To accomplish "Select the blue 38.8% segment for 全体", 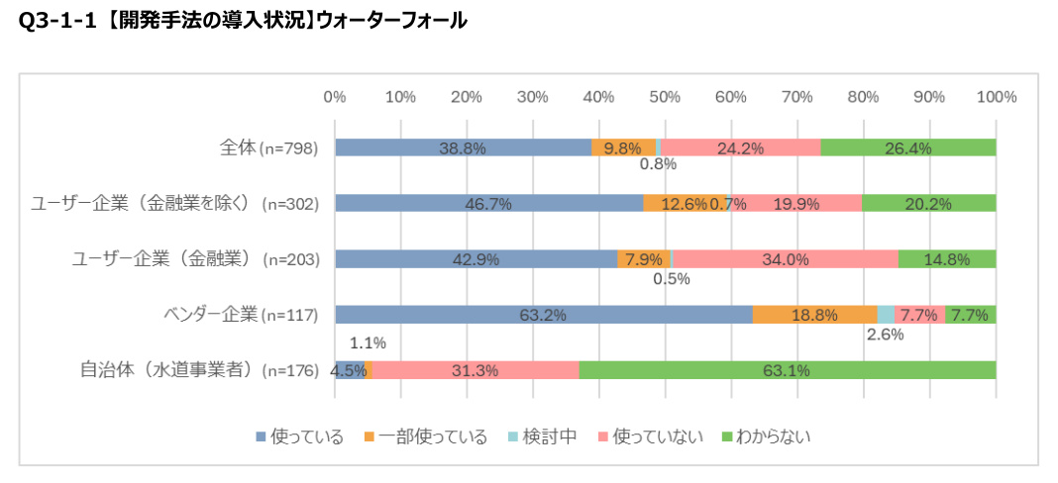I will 463,147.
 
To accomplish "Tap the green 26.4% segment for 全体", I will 907,147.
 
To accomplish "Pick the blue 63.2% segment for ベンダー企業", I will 543,315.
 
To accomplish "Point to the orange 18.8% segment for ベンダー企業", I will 814,315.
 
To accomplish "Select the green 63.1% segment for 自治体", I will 787,370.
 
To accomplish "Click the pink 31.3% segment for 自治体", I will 475,370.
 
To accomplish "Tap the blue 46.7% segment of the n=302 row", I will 488,203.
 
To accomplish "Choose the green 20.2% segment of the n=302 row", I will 928,203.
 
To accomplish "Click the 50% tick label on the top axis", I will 665,97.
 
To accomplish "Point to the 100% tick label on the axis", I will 996,97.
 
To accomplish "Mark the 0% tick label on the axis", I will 335,97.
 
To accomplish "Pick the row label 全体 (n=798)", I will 267,148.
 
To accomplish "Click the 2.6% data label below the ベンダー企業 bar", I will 884,335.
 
